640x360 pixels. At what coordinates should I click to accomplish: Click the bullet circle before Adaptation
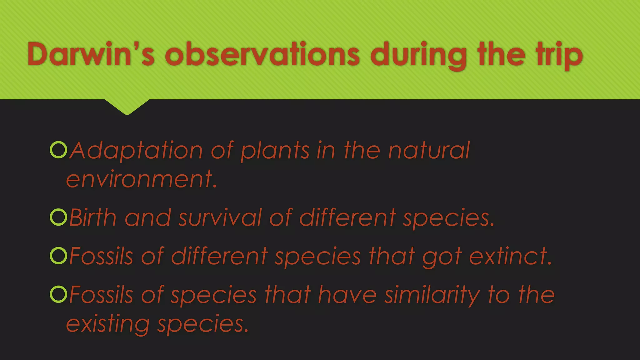coord(58,150)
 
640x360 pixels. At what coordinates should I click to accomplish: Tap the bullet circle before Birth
coord(58,217)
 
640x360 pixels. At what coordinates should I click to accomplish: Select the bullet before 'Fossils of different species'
coord(58,256)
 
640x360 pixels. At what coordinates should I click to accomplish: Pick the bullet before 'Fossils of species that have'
coord(58,294)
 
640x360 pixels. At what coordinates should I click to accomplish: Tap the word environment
coord(141,179)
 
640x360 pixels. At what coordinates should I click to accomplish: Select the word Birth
coord(93,217)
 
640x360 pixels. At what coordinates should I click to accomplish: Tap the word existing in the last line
coord(108,324)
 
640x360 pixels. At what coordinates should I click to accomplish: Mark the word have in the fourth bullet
coord(347,295)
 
